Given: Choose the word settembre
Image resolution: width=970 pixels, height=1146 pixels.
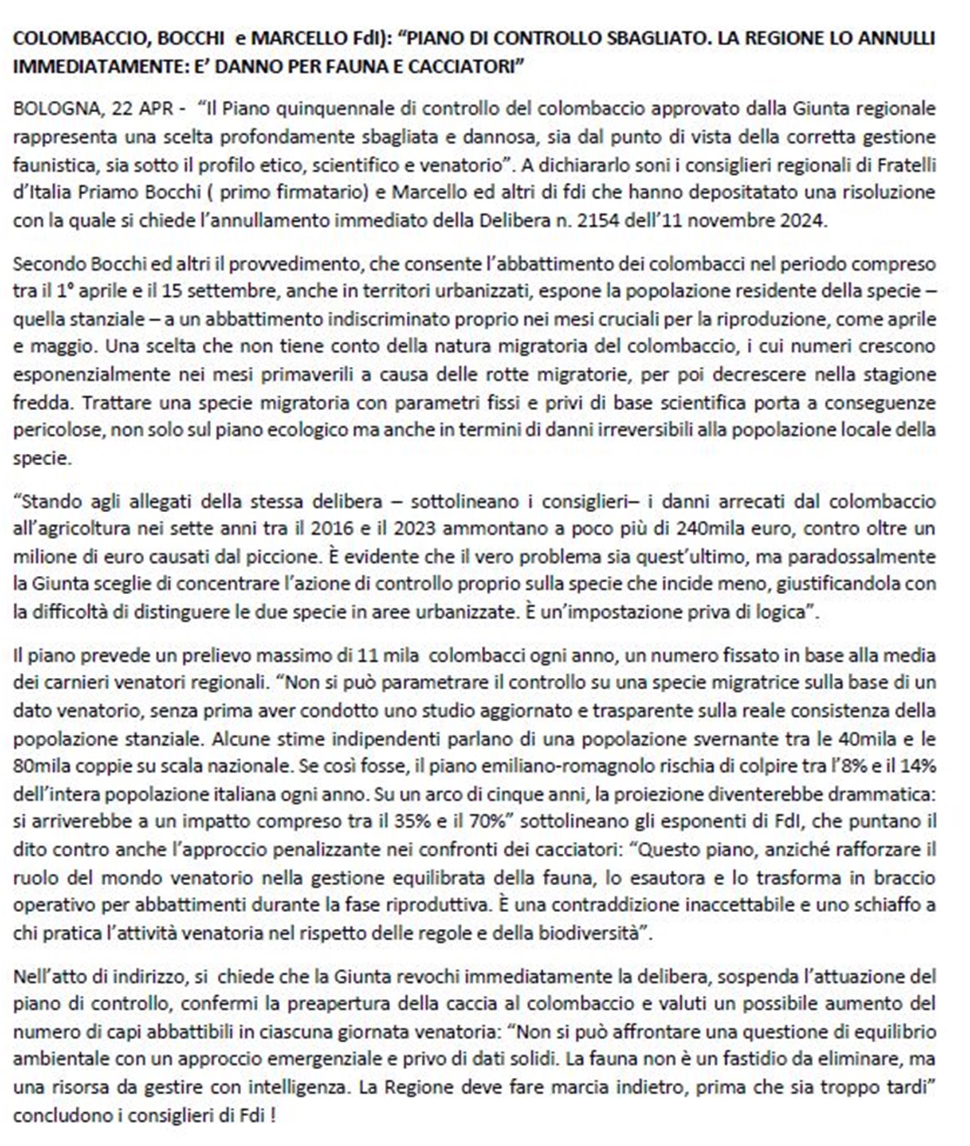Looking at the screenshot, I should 233,291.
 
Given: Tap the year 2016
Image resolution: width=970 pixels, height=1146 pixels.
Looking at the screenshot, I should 331,529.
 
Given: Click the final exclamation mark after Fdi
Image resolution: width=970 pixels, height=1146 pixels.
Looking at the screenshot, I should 273,1116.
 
